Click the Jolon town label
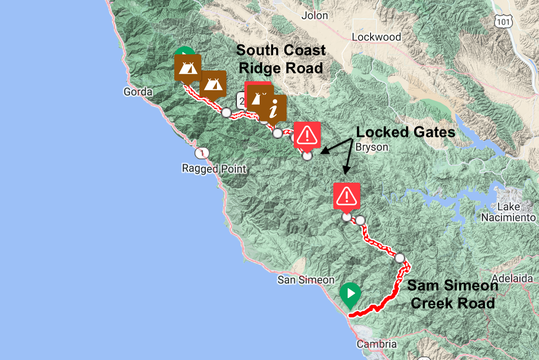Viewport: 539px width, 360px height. point(315,16)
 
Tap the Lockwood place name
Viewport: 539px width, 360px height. point(376,37)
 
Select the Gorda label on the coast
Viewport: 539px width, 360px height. point(138,92)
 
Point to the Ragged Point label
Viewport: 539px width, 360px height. point(214,169)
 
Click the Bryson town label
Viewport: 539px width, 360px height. point(371,147)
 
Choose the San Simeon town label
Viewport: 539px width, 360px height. point(305,280)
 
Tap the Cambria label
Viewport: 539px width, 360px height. point(377,344)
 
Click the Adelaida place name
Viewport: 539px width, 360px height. point(512,278)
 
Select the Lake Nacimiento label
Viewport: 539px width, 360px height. point(508,212)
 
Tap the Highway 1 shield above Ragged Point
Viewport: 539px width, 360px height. point(202,154)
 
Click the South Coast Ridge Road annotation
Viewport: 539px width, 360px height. point(281,59)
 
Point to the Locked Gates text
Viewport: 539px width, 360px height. point(406,132)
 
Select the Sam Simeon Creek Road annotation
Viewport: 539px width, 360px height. point(453,294)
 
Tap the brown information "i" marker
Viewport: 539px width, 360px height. point(273,108)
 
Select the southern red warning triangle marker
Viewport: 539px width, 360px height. point(346,196)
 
